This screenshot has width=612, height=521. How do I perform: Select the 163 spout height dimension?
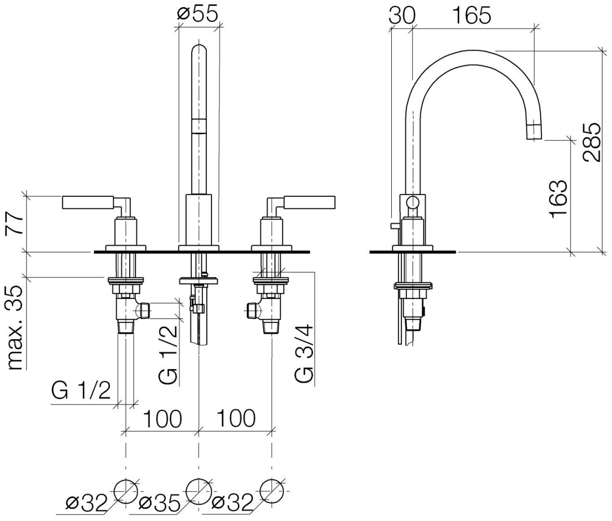click(558, 199)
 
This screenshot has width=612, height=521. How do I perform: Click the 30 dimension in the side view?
click(401, 15)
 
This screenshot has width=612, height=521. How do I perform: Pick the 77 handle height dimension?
click(16, 222)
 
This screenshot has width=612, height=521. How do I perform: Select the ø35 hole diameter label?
click(159, 504)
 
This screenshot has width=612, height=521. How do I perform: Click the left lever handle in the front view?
click(89, 202)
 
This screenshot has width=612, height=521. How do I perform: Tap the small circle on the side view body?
click(413, 203)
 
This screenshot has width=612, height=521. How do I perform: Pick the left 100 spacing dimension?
click(162, 418)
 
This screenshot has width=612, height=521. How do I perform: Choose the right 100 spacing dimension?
click(235, 418)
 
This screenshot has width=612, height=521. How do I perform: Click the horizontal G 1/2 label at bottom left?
click(82, 392)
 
